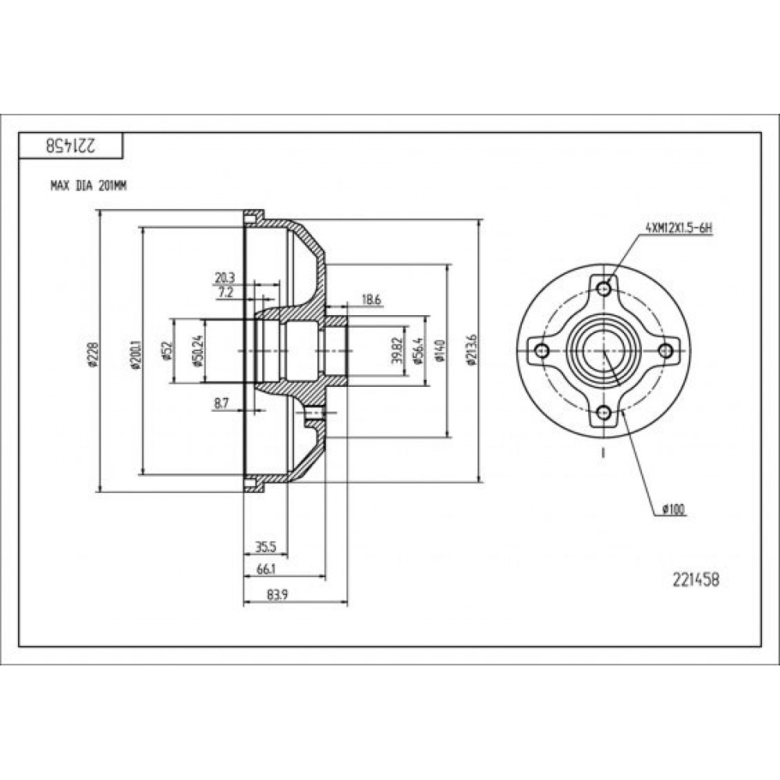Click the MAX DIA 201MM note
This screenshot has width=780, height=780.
point(89,186)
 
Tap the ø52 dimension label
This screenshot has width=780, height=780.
point(166,350)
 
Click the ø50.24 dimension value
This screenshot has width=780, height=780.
point(197,350)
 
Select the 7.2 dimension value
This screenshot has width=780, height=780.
point(225,293)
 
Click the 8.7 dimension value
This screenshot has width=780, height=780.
point(222,403)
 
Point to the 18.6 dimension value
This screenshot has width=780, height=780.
point(371,300)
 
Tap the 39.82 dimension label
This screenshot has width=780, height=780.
point(396,351)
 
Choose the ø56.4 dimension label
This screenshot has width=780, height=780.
point(418,351)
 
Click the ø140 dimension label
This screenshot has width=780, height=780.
point(440,351)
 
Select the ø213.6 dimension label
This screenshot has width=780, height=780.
point(472,350)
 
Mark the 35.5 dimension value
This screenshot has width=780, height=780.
point(266,548)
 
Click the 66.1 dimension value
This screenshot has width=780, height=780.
point(266,570)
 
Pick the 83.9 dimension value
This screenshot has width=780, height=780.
point(278,595)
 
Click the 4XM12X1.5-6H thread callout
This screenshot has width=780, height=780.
point(679,229)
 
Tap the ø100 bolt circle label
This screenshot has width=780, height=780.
point(674,509)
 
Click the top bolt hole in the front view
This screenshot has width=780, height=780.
point(604,289)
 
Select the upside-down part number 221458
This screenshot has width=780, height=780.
point(72,146)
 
